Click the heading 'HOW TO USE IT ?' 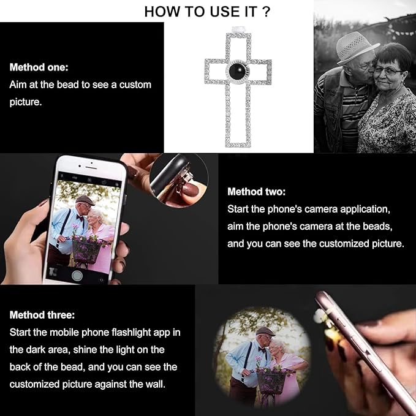(x=207, y=12)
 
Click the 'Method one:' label (x=39, y=67)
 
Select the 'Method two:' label (x=257, y=192)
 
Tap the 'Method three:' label (x=42, y=315)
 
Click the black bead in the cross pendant (x=238, y=71)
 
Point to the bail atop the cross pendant (x=238, y=29)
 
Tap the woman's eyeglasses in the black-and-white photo (x=388, y=70)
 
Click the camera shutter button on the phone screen (x=77, y=275)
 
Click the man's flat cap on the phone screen (x=85, y=200)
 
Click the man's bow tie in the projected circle (x=262, y=349)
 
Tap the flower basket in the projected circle (x=271, y=380)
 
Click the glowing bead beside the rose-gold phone (x=320, y=317)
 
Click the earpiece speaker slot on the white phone (x=91, y=168)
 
